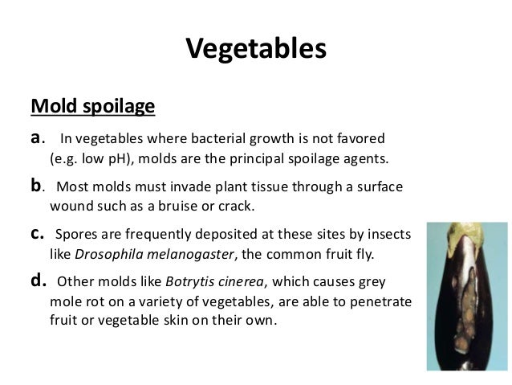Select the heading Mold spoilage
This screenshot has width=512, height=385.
click(x=92, y=106)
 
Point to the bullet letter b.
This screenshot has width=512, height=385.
click(x=36, y=187)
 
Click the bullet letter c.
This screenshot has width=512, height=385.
click(x=36, y=235)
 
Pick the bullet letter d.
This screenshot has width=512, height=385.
click(x=37, y=282)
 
